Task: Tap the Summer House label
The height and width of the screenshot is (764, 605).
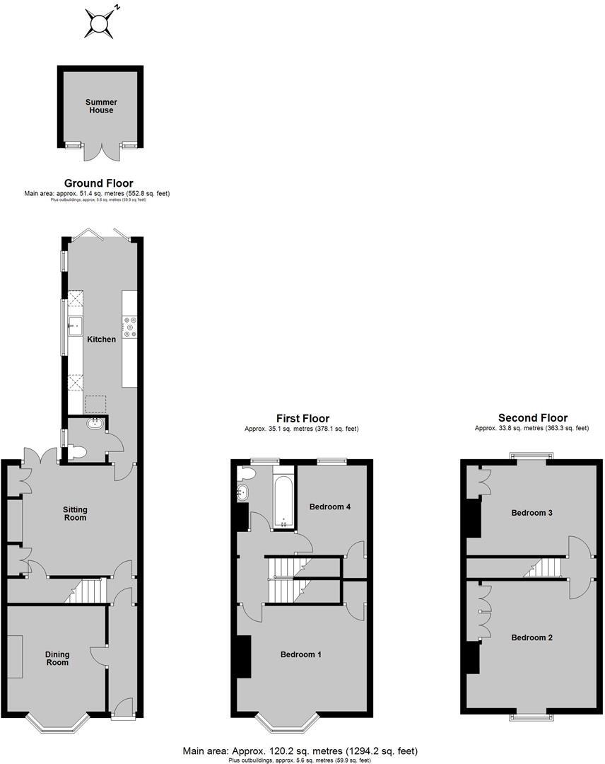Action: click(101, 106)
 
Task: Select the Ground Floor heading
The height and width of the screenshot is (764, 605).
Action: click(99, 183)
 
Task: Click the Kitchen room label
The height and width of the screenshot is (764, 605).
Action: click(101, 340)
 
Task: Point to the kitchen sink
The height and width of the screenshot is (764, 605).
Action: click(75, 325)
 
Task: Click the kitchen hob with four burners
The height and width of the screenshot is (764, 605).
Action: click(129, 327)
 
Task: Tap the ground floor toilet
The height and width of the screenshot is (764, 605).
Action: click(78, 451)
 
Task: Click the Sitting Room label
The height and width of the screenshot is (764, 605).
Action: click(75, 513)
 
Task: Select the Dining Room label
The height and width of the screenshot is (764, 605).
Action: click(57, 658)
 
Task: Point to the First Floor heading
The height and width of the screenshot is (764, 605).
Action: click(302, 419)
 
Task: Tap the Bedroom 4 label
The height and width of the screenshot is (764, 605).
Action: click(330, 507)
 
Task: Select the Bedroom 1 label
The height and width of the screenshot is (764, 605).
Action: click(301, 654)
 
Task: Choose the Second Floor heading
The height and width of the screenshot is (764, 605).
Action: click(532, 418)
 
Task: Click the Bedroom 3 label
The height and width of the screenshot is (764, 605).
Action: click(531, 513)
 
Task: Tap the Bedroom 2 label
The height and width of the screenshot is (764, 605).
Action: click(531, 637)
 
